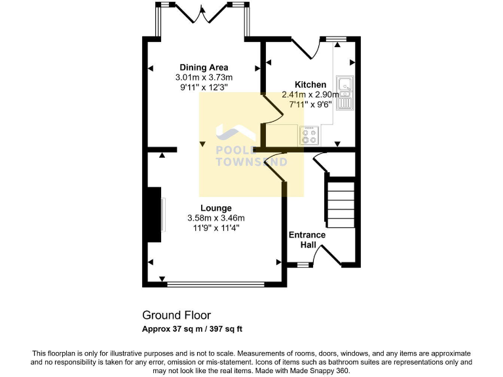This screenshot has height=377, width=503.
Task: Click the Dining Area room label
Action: click(204, 67)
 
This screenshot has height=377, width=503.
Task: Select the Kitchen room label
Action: click(310, 85)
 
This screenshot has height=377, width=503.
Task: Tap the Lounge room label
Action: click(215, 208)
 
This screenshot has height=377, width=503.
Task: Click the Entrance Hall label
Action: click(307, 240)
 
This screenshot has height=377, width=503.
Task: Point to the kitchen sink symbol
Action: click(344, 92)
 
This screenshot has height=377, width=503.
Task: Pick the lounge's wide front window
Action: click(215, 285)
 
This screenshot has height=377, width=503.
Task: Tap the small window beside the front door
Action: click(303, 264)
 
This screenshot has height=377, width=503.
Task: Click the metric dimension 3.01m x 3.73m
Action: click(204, 77)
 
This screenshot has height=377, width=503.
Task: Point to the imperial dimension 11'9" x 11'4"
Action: click(215, 228)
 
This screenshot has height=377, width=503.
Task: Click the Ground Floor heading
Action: click(176, 315)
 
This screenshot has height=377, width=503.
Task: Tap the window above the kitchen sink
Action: click(337, 39)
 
